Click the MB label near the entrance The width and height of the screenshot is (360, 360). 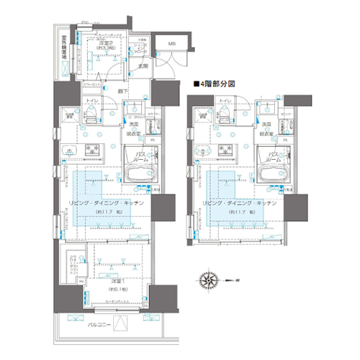171,44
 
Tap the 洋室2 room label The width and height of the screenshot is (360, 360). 107,44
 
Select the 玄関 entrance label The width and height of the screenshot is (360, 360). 144,66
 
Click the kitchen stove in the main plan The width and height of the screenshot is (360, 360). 93,148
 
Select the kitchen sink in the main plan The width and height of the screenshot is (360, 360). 69,150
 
